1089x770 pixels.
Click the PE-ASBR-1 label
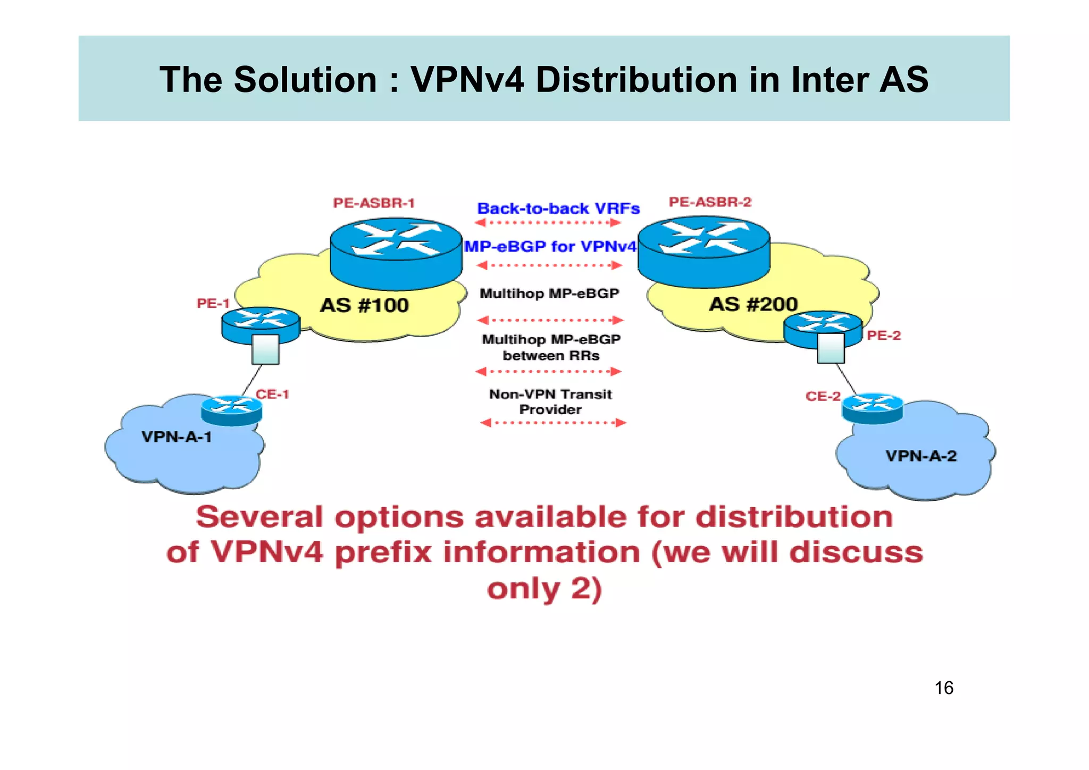374,203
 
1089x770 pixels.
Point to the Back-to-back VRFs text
558,208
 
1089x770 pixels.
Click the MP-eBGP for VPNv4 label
550,247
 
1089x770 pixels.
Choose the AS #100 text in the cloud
364,305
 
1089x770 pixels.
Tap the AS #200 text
753,304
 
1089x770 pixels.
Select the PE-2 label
884,336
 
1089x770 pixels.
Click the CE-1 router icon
232,410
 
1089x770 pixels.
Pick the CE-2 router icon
873,408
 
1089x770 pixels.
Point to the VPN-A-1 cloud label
177,437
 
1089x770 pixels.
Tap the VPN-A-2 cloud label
921,456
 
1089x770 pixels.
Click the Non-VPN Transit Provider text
550,401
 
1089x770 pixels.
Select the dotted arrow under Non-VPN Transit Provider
553,423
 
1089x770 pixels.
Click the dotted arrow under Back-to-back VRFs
548,223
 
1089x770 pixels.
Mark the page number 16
944,688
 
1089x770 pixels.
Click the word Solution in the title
305,80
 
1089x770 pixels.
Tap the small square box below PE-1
265,349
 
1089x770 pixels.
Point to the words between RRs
551,356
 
